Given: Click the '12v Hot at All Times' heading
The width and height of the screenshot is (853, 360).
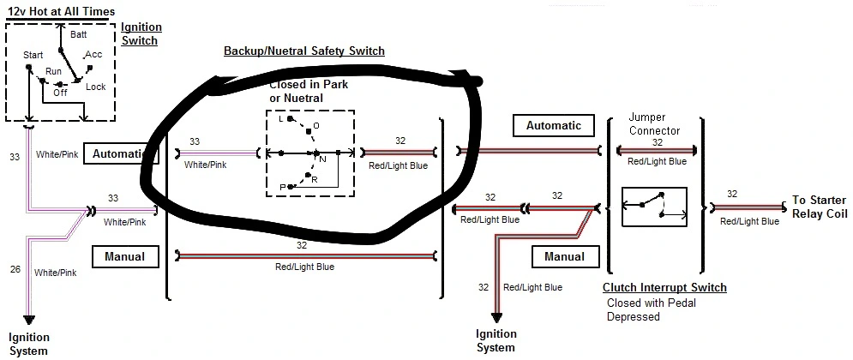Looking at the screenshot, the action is pos(61,10).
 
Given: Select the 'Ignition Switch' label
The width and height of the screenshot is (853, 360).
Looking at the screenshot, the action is pos(141,33).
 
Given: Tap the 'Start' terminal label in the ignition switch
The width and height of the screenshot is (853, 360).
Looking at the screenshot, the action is pos(33,56).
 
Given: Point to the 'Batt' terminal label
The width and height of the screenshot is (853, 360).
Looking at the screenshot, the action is pos(79,34).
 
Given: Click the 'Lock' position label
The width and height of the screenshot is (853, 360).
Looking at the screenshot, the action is pos(96,87).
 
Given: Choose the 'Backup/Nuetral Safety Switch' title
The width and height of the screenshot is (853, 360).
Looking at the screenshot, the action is pos(304,51).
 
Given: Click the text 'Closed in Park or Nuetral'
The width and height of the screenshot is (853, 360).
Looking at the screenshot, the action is pos(309,92).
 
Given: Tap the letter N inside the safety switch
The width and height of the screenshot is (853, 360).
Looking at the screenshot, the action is pos(322,159).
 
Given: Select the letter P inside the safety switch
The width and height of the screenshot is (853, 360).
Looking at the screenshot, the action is pos(283,188).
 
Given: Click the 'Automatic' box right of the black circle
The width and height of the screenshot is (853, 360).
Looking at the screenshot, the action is pos(553,126).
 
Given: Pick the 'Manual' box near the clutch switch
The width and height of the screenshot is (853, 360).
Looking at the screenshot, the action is pos(564,256).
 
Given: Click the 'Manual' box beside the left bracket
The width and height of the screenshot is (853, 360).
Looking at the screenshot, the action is pos(124,256).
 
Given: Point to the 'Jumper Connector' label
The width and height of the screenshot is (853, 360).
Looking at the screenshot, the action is pos(654,124).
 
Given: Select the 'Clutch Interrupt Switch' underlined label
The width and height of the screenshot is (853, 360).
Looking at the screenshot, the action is pos(664,288).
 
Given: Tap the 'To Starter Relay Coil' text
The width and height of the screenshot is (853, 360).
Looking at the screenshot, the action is pos(820,207).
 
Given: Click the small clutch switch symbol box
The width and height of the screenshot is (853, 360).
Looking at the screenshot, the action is pos(654,207).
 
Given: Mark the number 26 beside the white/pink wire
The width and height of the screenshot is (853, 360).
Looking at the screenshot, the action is pos(15,268).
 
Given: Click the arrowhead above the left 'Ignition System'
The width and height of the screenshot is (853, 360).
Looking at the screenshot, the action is pos(29,320).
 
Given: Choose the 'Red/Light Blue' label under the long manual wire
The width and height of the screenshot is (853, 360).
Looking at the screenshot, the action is pos(304,267).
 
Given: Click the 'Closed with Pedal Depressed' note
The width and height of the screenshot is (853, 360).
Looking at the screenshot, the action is pos(652,309).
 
